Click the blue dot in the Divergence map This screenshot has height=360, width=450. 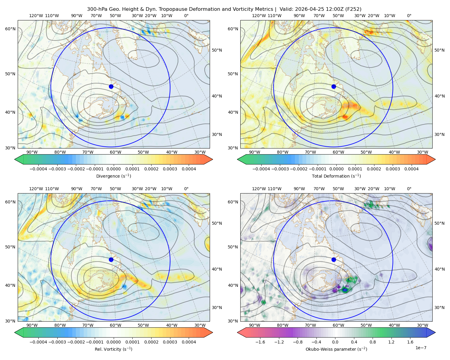coord(111,86)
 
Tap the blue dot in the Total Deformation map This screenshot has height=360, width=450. coord(334,86)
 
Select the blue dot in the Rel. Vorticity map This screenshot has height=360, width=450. coord(111,259)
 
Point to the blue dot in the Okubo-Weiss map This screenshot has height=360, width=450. coord(334,259)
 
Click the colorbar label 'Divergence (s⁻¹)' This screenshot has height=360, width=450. coord(113,176)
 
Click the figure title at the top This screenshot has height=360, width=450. coord(224,9)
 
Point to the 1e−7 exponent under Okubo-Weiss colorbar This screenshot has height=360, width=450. coord(421,348)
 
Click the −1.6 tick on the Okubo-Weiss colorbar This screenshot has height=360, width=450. coord(260,342)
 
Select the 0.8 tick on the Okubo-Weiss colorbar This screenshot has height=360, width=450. coord(373,342)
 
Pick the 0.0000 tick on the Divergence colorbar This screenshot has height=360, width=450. coord(113,169)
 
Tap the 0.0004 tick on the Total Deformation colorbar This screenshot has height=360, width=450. coord(411,169)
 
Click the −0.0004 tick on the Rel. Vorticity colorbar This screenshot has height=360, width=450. coord(38,342)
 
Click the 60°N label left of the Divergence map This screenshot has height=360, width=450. coord(10,29)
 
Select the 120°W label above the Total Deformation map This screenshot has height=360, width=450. coord(259,16)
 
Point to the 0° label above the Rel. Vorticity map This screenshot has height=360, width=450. coord(186,188)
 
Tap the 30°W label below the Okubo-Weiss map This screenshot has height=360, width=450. coord(422,325)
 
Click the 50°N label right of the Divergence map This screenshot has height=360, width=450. coord(217,50)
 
